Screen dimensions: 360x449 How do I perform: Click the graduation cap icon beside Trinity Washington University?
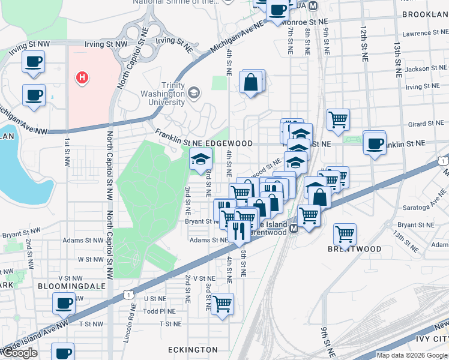tap(193, 92)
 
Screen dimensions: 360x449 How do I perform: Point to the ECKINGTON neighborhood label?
tap(192, 349)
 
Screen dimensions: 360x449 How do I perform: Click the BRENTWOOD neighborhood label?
tap(354, 248)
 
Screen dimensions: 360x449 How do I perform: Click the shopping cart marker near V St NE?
tap(222, 304)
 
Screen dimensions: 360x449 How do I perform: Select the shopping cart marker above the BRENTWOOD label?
tap(345, 233)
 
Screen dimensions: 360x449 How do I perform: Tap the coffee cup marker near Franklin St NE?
tap(375, 143)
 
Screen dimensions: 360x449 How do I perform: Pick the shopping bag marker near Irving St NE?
tap(250, 82)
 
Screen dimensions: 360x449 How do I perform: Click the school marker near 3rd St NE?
tap(201, 159)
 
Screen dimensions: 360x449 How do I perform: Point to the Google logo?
tap(20, 353)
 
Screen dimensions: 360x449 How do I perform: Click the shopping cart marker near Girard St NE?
tap(338, 119)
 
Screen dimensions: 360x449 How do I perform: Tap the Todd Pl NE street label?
tap(159, 311)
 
